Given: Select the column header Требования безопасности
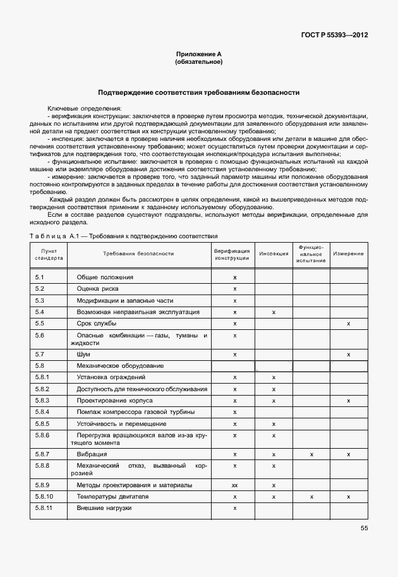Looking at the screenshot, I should tap(138, 253).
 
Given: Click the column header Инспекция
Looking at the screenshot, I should tap(274, 253).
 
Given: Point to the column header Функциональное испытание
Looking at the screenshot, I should tap(311, 253).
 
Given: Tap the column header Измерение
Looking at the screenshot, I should tap(348, 253).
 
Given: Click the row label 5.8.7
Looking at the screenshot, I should tap(42, 454).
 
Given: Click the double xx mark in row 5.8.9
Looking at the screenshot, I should tap(234, 485).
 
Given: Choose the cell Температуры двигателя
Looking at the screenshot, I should tap(112, 497).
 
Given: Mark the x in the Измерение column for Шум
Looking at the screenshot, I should tap(348, 355).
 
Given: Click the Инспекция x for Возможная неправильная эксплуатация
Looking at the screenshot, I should tap(274, 312).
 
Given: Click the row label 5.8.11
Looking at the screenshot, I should tap(44, 508).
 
